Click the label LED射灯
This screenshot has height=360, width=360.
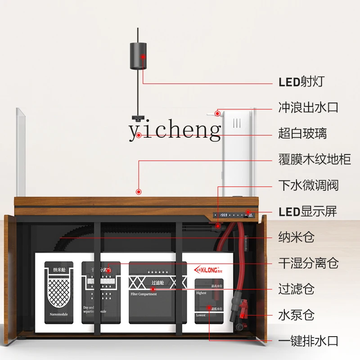(x=301, y=82)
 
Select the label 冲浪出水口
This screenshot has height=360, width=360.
(x=308, y=108)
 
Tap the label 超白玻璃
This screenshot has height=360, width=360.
(x=302, y=134)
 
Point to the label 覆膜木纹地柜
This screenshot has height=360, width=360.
(x=315, y=159)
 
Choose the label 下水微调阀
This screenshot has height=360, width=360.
(x=308, y=185)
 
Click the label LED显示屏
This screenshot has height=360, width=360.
(x=308, y=211)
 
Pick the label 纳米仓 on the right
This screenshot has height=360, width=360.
(x=296, y=237)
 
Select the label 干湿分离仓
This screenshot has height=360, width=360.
(x=308, y=263)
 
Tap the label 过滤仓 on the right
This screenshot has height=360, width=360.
(x=296, y=289)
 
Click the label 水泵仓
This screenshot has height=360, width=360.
(x=296, y=315)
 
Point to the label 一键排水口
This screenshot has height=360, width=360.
(x=308, y=341)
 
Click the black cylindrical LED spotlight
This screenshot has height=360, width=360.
(x=139, y=56)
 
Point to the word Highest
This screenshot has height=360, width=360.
(x=201, y=292)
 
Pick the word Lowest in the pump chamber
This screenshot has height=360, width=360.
(x=201, y=315)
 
